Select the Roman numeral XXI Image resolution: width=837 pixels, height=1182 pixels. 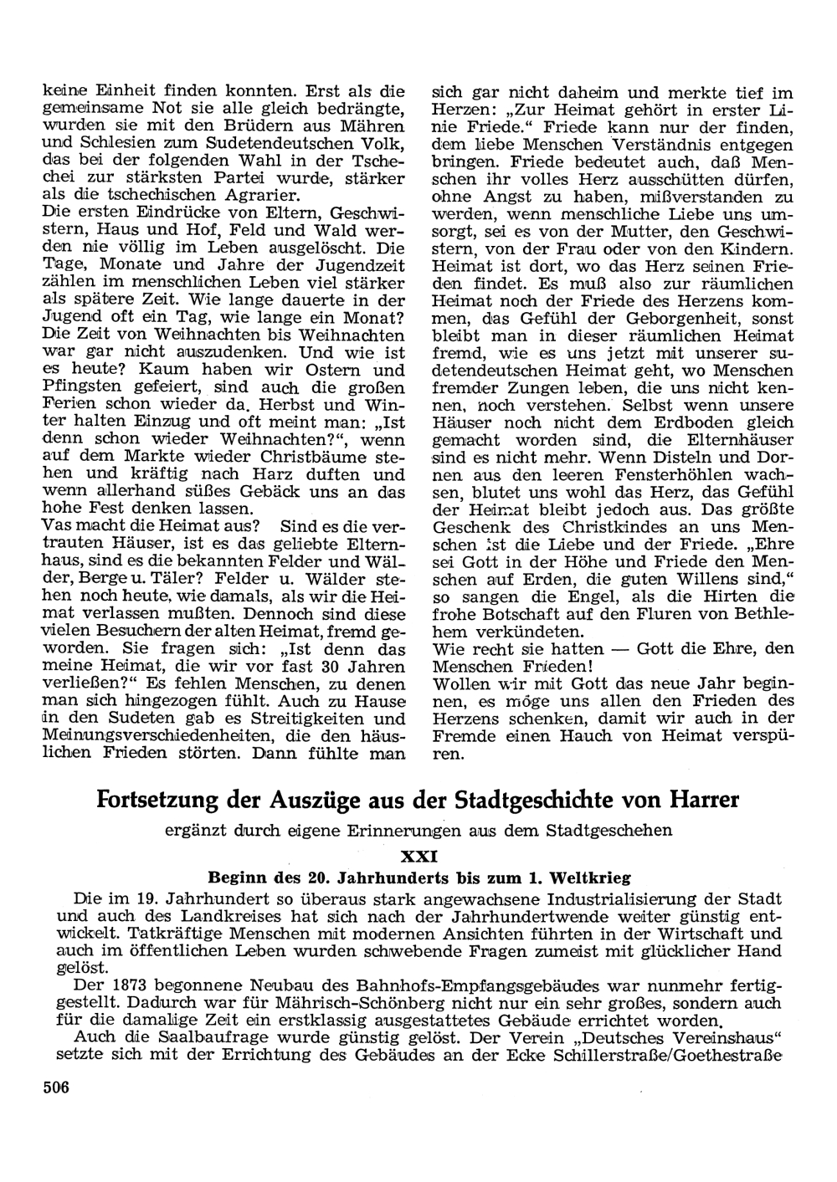[418, 857]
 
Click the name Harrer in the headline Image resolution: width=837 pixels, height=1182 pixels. [703, 800]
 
